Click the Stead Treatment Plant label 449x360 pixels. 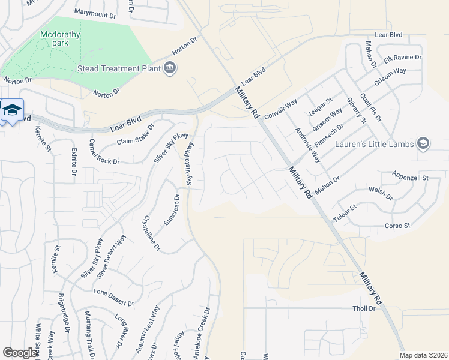(119, 68)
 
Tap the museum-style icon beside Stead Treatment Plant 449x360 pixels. (170, 68)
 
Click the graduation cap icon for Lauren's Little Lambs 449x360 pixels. (423, 143)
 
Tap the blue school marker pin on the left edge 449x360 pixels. (11, 110)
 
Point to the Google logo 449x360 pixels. (20, 353)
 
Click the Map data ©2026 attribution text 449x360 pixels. (423, 355)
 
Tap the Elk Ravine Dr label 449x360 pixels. (403, 58)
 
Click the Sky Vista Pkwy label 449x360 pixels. (190, 164)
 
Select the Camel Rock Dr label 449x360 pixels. (104, 152)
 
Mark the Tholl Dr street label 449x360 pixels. (363, 308)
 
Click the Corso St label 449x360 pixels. (397, 226)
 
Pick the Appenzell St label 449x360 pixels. (410, 178)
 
